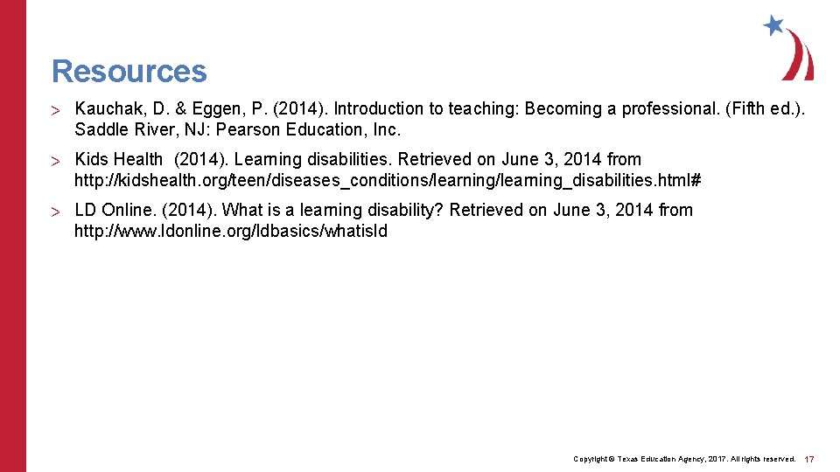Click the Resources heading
[129, 71]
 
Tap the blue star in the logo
[773, 25]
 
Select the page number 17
[809, 459]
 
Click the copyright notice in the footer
[683, 459]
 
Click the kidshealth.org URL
[388, 181]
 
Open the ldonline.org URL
[231, 232]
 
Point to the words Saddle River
[123, 130]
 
